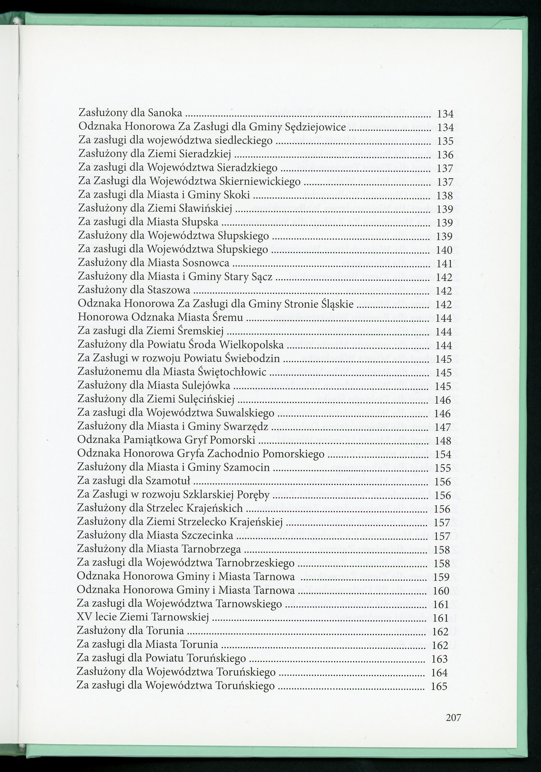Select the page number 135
[x=446, y=141]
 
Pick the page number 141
[x=445, y=264]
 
